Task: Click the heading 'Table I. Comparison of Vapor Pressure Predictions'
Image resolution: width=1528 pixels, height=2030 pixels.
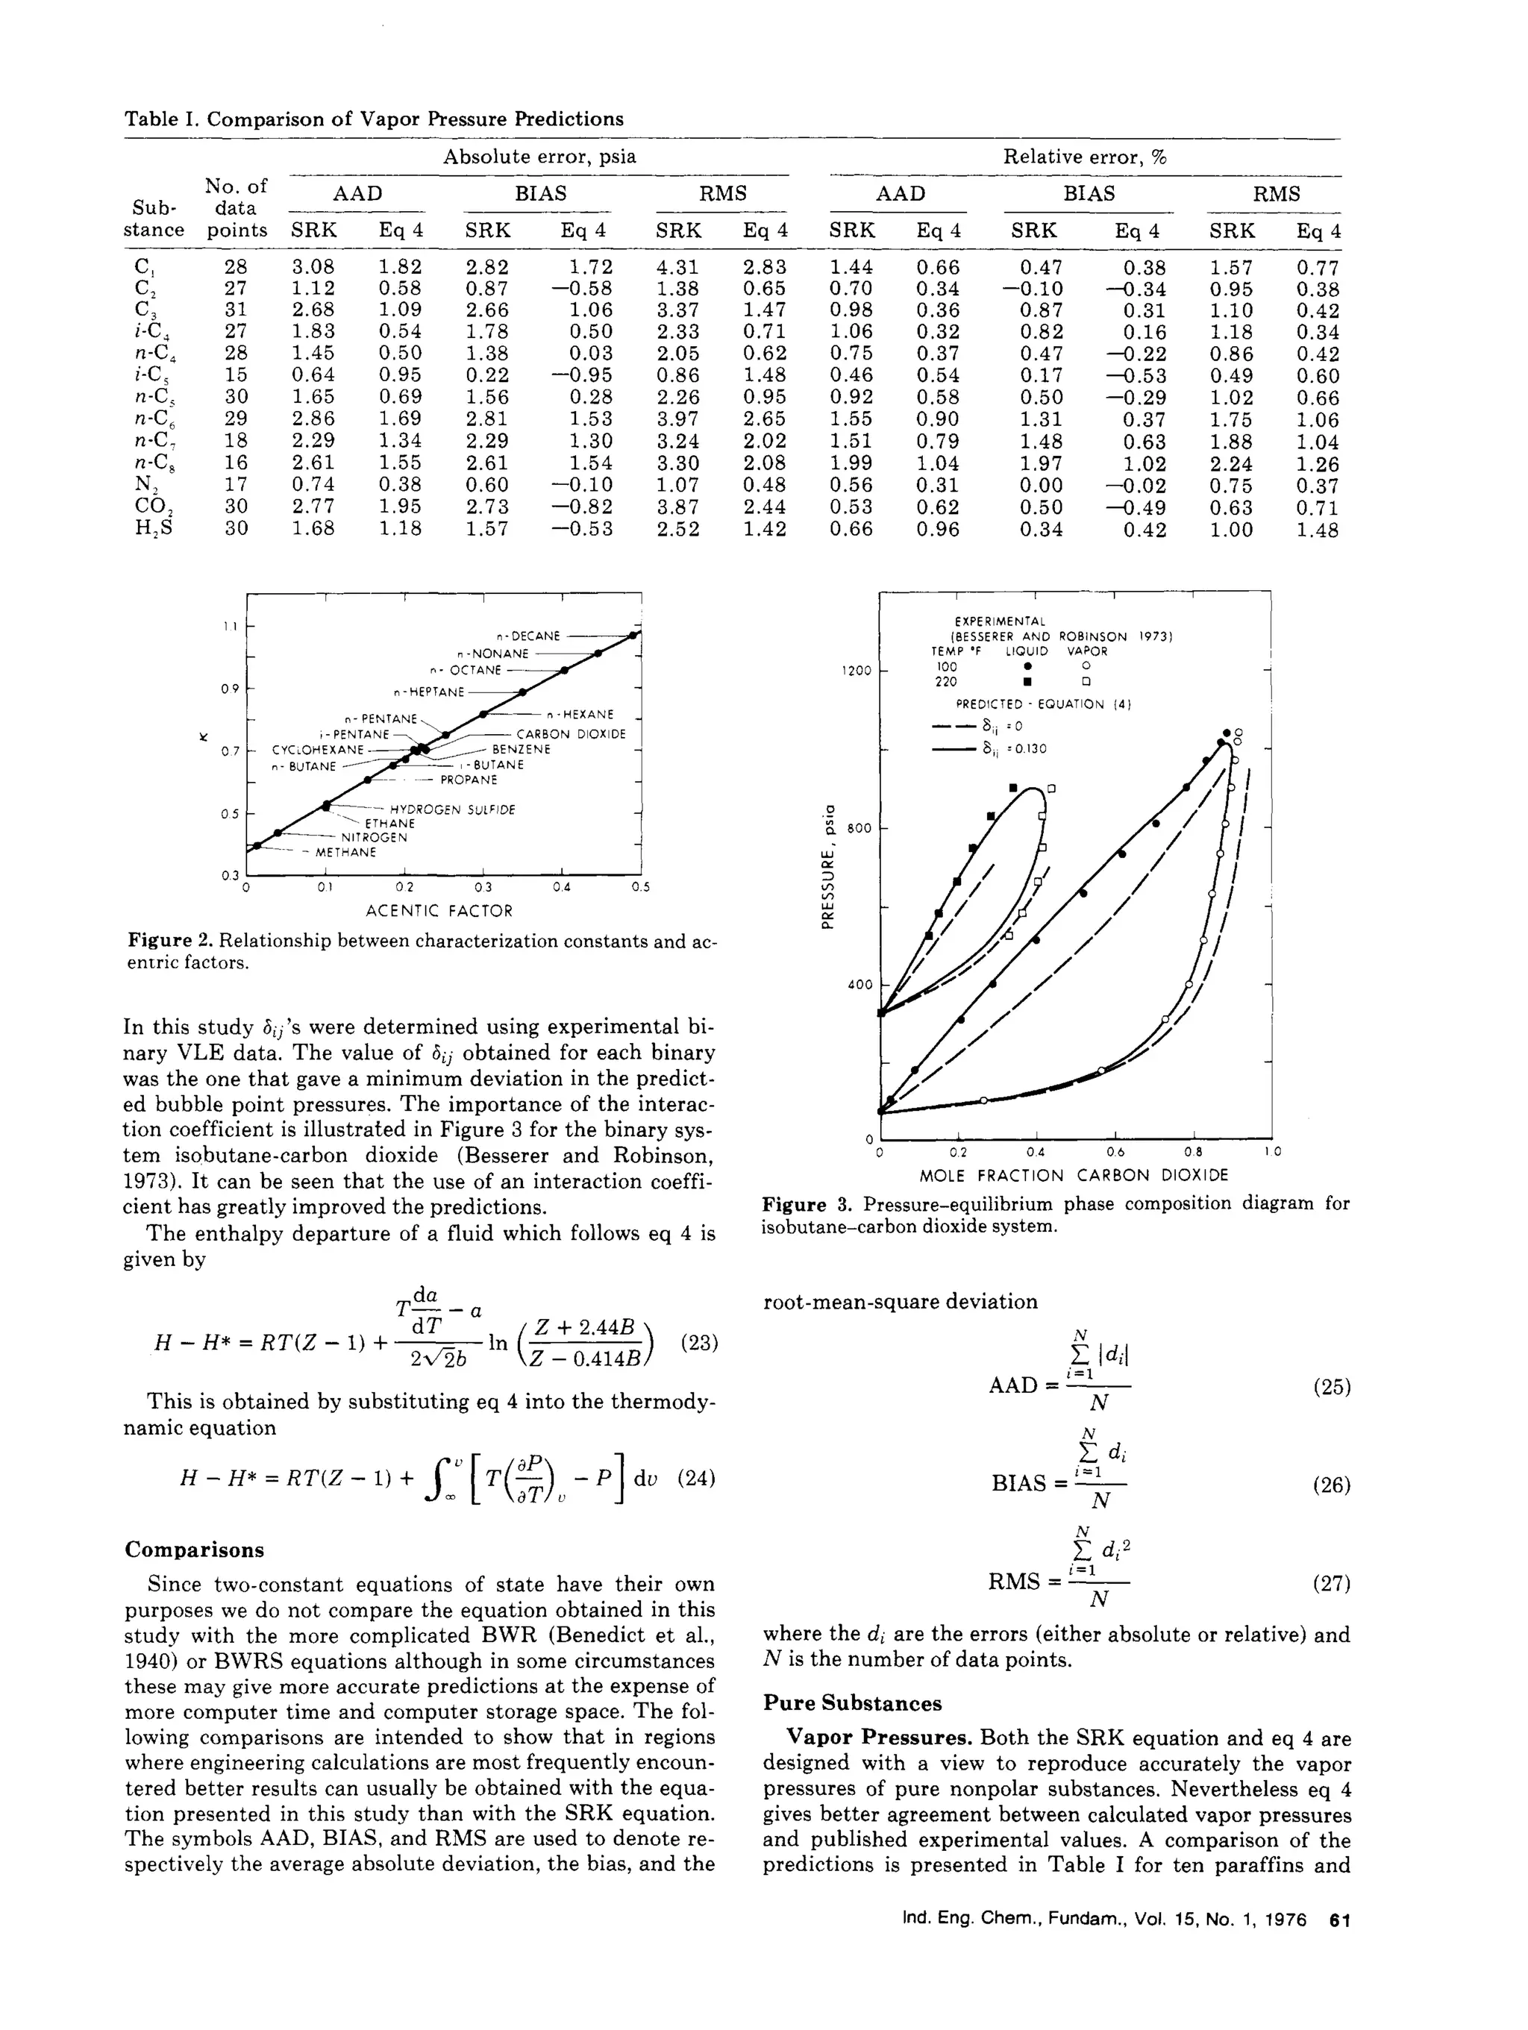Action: coord(374,119)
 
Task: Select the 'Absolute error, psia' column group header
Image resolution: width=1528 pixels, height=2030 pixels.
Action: coord(539,157)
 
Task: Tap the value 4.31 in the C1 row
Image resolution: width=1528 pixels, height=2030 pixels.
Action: coord(677,267)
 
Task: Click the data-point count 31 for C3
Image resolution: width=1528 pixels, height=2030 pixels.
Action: coord(236,310)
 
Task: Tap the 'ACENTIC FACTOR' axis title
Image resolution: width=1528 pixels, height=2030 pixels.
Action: coord(439,910)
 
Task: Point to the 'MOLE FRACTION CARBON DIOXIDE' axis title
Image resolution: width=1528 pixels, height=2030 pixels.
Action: coord(1073,1176)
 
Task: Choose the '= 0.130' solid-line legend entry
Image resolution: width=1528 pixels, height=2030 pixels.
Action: coord(1014,749)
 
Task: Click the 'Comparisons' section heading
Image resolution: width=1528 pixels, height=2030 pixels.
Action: coord(194,1550)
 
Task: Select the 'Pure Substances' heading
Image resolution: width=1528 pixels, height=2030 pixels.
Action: coord(851,1703)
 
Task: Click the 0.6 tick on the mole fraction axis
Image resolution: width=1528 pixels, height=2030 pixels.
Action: coord(1114,1152)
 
